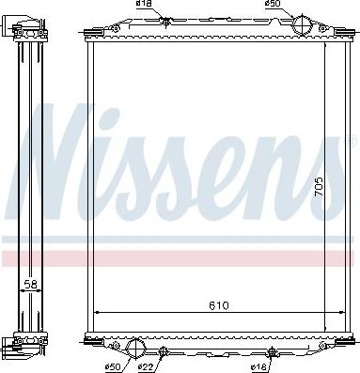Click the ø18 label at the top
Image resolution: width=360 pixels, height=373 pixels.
coord(144,6)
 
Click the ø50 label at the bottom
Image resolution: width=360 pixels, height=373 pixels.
coord(113,365)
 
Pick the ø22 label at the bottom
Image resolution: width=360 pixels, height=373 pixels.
coord(147,365)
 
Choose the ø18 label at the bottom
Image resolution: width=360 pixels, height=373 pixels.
coord(262,365)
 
